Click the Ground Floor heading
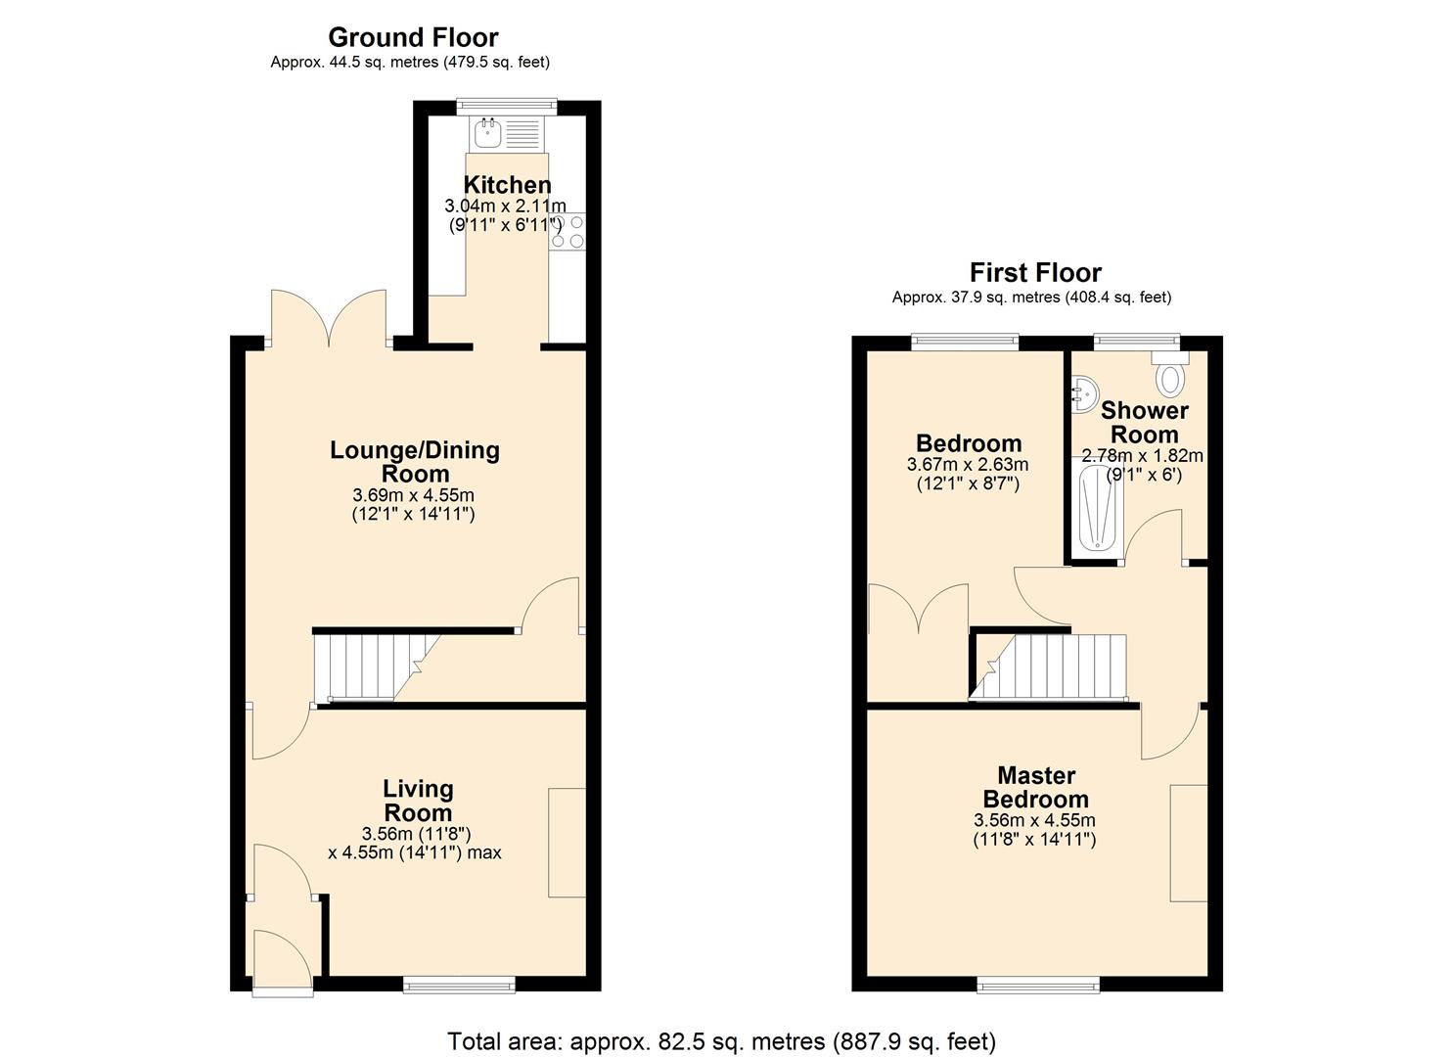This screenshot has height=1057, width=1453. (x=413, y=37)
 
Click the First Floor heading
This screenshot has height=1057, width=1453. (x=1035, y=272)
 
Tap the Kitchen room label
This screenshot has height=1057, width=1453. (x=507, y=185)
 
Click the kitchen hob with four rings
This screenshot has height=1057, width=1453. (x=568, y=231)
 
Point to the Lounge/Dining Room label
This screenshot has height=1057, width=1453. (x=415, y=462)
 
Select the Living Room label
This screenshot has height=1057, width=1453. (x=418, y=801)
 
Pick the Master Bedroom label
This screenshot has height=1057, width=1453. (x=1035, y=788)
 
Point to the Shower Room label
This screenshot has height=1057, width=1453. (x=1144, y=423)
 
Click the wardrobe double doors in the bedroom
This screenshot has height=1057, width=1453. (x=918, y=612)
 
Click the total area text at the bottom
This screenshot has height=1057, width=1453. (x=721, y=1040)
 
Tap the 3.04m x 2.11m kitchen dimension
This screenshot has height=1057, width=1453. (x=505, y=207)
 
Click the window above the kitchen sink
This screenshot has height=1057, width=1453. (x=507, y=104)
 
